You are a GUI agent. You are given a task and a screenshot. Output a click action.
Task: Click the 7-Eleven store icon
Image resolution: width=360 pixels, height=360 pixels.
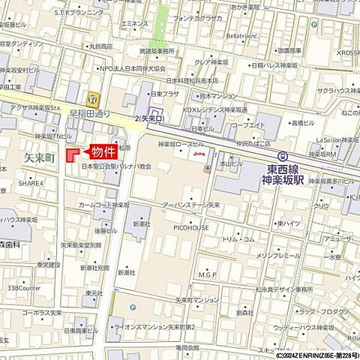coord(91,97)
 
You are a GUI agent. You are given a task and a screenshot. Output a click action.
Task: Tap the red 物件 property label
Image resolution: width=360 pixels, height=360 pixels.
coord(103,150)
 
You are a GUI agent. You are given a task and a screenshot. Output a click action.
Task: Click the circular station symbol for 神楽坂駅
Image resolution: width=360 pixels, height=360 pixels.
coord(282,156)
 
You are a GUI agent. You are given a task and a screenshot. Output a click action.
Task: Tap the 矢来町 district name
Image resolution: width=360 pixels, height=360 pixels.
coord(40,158)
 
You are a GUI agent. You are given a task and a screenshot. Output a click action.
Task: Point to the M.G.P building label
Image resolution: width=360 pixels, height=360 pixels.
coord(206,274)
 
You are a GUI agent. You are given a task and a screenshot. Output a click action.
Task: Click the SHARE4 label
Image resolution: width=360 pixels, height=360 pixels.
coord(31,183)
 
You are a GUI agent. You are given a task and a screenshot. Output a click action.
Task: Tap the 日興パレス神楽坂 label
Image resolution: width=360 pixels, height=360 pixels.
coord(262,64)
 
